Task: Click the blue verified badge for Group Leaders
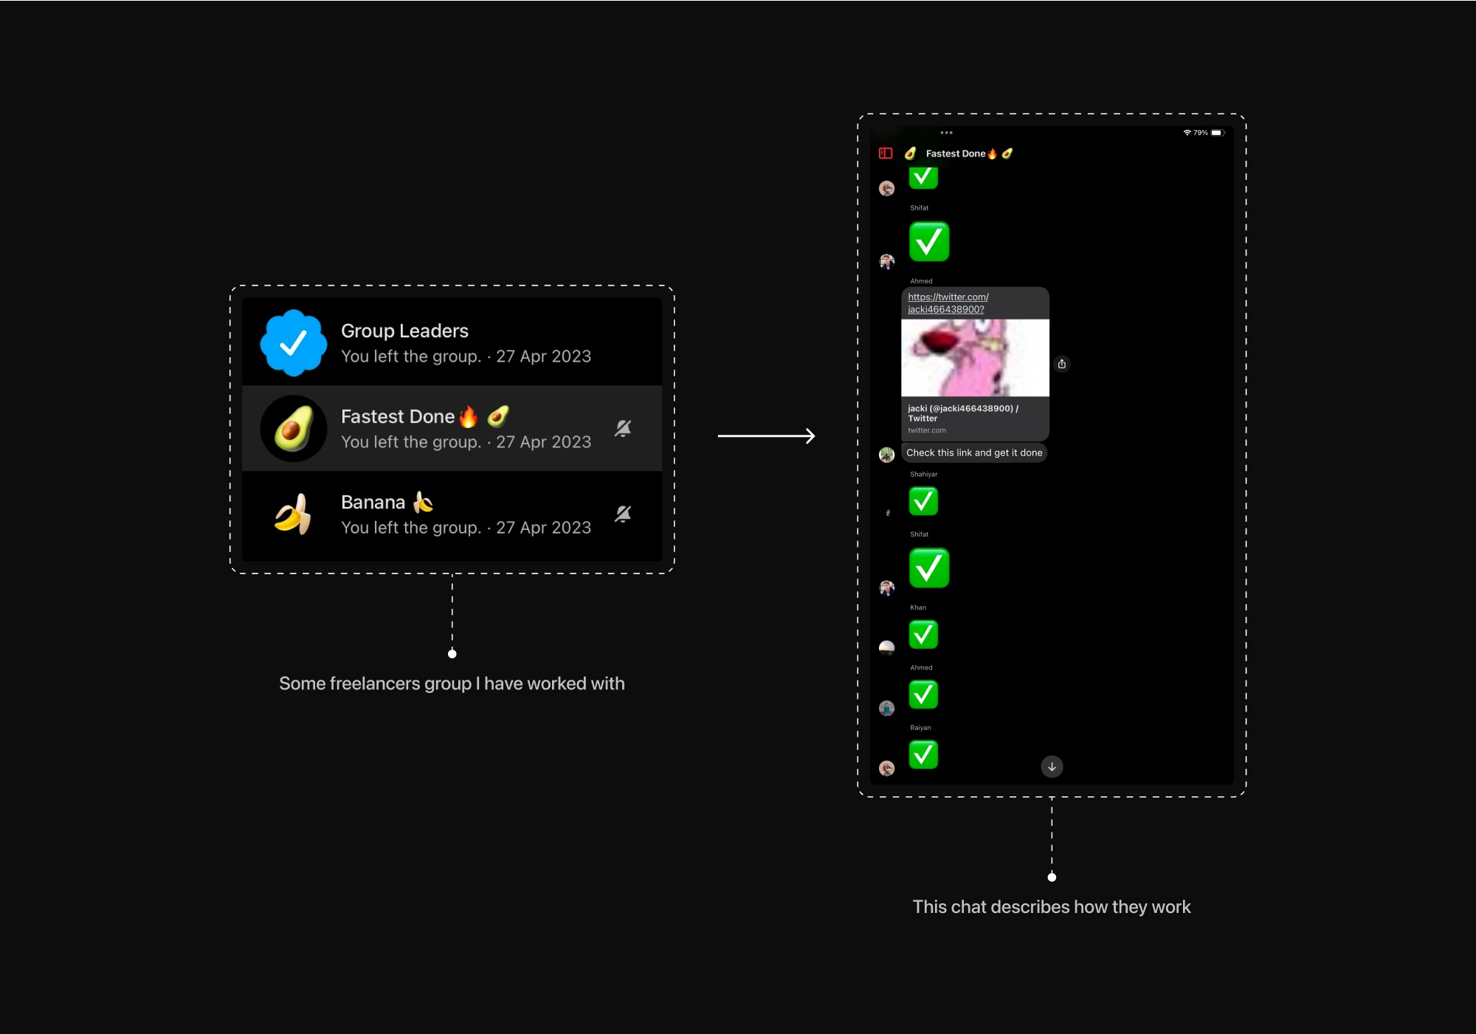(x=293, y=342)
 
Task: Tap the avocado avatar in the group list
(x=293, y=428)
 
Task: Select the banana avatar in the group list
(x=293, y=514)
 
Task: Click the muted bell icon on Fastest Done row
(x=623, y=428)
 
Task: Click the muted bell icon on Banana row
(x=623, y=514)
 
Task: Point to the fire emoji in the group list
(x=469, y=417)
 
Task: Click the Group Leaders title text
(x=404, y=331)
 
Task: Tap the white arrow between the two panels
(x=766, y=436)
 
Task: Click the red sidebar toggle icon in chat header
(x=886, y=154)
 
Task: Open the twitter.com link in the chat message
(x=948, y=303)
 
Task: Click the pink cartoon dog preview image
(x=975, y=358)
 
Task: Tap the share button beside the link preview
(x=1061, y=364)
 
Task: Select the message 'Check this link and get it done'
(x=974, y=452)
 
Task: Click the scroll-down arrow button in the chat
(x=1052, y=767)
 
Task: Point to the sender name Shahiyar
(x=923, y=475)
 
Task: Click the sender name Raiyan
(x=920, y=728)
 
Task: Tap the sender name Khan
(x=918, y=607)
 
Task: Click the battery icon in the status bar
(x=1217, y=133)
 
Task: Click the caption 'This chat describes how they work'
(x=1051, y=907)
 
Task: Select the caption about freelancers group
(x=452, y=683)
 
